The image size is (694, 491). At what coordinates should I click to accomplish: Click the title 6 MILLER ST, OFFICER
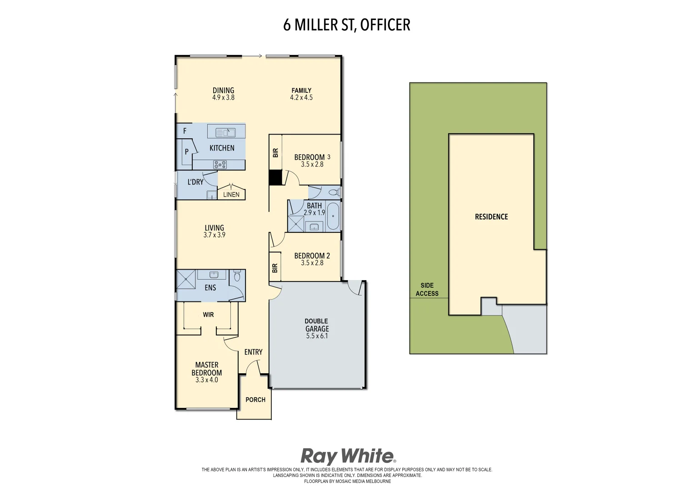346,25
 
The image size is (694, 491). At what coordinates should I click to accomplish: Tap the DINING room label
223,90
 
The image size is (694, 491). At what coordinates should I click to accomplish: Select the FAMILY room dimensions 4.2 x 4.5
301,97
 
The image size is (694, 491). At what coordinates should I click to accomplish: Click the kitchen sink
226,132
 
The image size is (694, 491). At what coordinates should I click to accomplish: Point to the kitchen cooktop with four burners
220,165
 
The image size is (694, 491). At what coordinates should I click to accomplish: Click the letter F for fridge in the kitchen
185,131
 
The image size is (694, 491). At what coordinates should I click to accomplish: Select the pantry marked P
186,152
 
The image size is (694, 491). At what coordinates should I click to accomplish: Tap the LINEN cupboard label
231,195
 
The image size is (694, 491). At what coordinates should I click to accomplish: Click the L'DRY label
195,182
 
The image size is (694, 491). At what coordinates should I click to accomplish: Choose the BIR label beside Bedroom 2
275,268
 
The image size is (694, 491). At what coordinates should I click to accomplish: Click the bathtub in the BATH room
333,216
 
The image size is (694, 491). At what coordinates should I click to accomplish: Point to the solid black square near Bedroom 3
275,177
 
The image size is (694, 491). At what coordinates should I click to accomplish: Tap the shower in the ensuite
185,279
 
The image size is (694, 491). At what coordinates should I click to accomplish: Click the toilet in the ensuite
237,276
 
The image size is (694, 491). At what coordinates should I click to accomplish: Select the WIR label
208,315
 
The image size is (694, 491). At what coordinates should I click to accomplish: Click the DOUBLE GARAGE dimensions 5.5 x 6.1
317,336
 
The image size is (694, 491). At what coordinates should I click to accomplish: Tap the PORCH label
255,400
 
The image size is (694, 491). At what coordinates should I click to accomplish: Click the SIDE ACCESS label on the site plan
427,290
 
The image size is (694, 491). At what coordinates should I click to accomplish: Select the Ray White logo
348,456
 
